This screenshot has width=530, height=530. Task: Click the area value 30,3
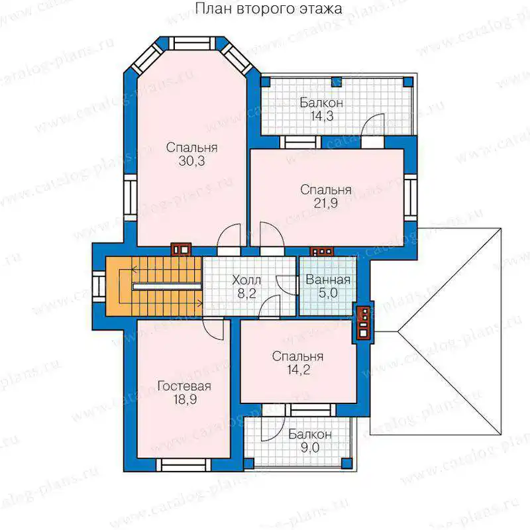[x=191, y=161]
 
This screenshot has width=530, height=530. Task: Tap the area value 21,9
[x=325, y=203]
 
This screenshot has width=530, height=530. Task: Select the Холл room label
[x=246, y=280]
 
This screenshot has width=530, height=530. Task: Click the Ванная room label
[x=328, y=280]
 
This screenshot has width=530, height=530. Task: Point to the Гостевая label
[x=185, y=386]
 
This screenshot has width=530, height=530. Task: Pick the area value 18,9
[x=185, y=399]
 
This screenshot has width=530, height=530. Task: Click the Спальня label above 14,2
[x=297, y=356]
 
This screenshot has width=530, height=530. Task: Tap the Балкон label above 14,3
[x=321, y=103]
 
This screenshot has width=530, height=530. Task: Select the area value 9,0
[x=310, y=448]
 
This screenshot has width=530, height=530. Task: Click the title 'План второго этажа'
[x=269, y=9]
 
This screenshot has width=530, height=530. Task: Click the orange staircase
[x=154, y=286]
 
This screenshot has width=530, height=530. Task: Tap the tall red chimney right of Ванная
[x=364, y=322]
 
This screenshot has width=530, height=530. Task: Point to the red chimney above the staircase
[x=181, y=250]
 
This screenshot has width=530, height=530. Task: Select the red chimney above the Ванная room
[x=322, y=252]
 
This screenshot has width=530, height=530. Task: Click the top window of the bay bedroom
[x=191, y=44]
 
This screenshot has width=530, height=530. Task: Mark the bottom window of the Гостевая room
[x=184, y=465]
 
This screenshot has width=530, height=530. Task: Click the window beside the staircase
[x=99, y=286]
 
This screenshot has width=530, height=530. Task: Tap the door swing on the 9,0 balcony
[x=272, y=429]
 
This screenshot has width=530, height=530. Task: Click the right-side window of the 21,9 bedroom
[x=410, y=197]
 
